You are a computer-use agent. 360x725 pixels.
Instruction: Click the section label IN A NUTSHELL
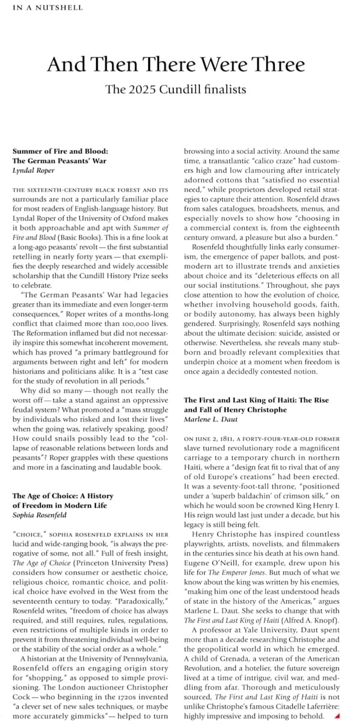tap(47, 8)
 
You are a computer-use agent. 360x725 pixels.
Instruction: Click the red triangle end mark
tap(337, 716)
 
